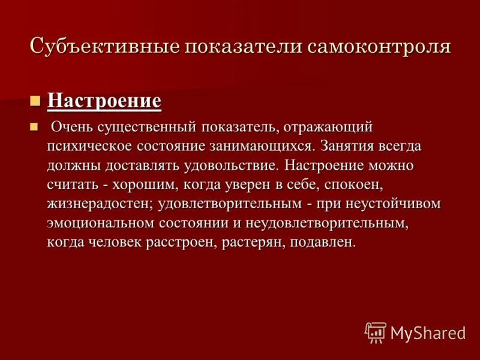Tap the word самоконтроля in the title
click(x=380, y=47)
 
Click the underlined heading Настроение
click(x=104, y=100)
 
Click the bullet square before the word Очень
click(x=35, y=125)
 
